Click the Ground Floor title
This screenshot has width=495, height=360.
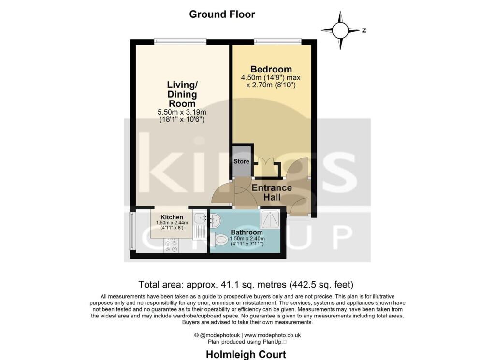click(222, 14)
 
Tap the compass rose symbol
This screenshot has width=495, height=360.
click(340, 30)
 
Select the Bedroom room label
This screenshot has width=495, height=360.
click(271, 69)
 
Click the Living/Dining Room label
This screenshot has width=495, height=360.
click(182, 94)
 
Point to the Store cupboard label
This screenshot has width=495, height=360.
click(241, 161)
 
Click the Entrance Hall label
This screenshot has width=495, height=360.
click(272, 192)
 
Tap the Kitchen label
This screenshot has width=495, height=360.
click(172, 217)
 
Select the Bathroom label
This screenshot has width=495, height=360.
click(247, 232)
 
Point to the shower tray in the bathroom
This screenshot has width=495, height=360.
click(270, 219)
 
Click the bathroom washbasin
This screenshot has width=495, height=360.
click(215, 219)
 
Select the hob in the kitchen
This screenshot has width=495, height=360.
click(171, 245)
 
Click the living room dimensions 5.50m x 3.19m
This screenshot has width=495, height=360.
click(182, 112)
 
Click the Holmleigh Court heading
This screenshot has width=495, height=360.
click(246, 355)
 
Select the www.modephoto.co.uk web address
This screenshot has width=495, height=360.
click(273, 335)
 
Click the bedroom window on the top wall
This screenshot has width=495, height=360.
click(278, 41)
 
